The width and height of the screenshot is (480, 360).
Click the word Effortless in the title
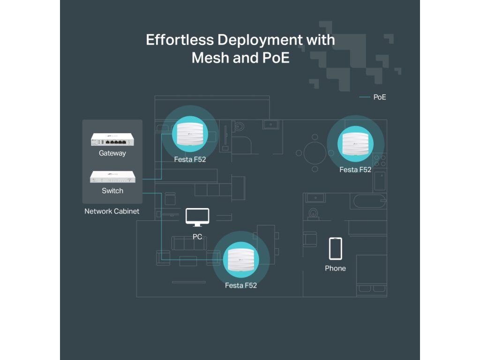coord(180,40)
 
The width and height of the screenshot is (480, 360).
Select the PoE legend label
coord(380,97)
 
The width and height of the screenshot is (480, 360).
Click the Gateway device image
coord(112,140)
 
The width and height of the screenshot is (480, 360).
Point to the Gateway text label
coord(112,153)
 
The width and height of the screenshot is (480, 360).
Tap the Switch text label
coord(112,191)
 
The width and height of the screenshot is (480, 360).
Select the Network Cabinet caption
coord(112,211)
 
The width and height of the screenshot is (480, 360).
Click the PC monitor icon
coord(197,217)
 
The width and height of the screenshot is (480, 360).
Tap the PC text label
coord(197,237)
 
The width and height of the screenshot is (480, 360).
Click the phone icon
coord(335,248)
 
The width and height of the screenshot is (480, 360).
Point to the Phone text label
coord(335,268)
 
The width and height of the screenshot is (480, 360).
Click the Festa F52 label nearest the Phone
coord(355,170)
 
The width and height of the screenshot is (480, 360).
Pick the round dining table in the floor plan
coord(315,152)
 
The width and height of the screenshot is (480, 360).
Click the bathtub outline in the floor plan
coord(369,202)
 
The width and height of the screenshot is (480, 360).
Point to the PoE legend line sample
coord(364,97)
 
